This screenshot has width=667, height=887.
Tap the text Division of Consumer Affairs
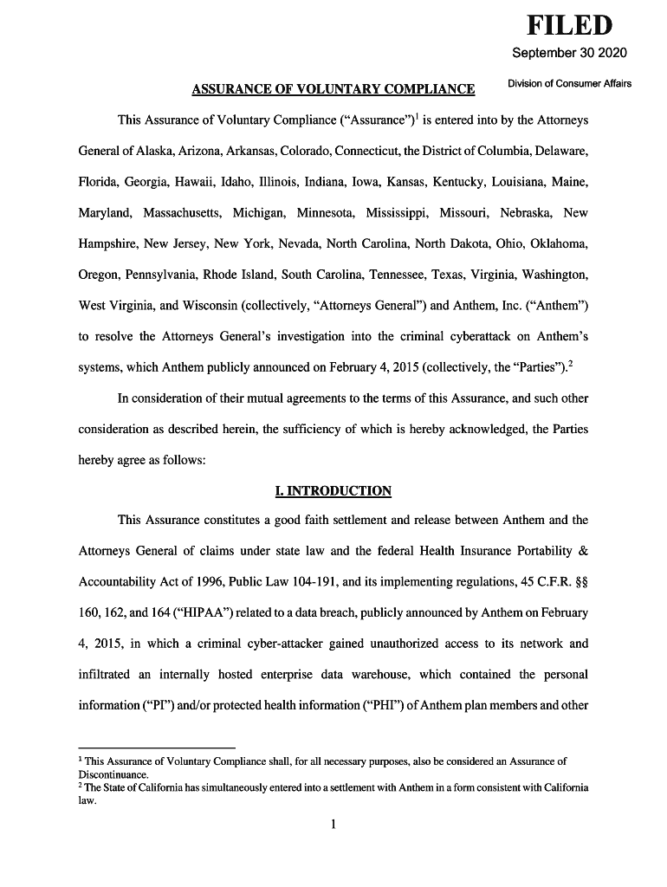(x=569, y=83)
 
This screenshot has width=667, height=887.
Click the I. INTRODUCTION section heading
(x=333, y=491)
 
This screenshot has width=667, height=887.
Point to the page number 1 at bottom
(x=333, y=823)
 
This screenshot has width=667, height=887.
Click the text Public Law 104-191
(x=312, y=582)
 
